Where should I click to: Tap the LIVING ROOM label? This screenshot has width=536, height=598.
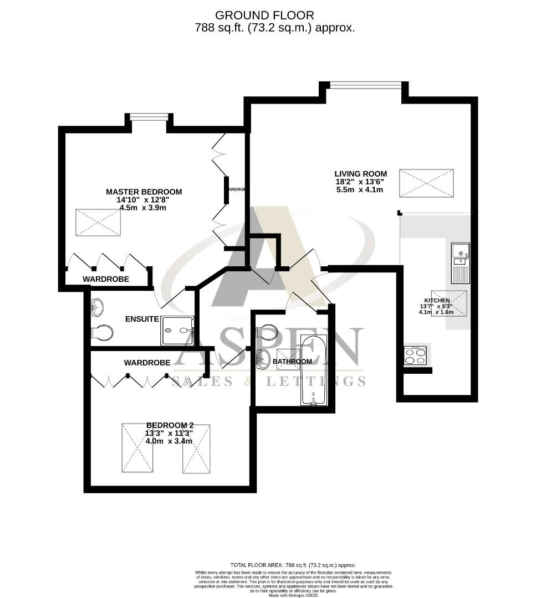tap(360, 173)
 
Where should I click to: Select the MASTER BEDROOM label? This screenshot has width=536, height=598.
tap(144, 192)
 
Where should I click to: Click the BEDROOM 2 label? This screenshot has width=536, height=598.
tap(169, 425)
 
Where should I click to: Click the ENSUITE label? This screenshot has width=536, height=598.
tap(142, 319)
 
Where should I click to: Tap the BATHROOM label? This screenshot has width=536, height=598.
tap(292, 362)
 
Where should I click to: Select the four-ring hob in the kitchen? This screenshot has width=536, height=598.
tap(416, 355)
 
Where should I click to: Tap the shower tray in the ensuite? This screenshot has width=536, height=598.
tap(177, 331)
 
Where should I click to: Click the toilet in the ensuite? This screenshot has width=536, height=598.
tap(102, 333)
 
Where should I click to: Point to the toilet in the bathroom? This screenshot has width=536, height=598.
tap(268, 331)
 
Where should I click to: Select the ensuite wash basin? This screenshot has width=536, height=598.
tap(96, 306)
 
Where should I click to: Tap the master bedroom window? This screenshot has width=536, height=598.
tap(149, 117)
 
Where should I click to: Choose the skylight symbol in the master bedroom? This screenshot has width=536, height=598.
tap(98, 223)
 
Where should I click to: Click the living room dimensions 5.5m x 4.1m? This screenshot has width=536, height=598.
tap(360, 189)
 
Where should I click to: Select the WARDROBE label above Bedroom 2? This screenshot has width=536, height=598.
tap(147, 363)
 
